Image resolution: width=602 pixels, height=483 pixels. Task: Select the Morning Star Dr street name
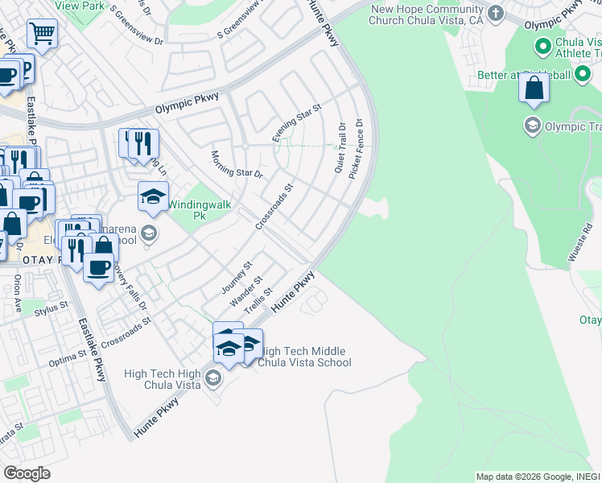[237, 163]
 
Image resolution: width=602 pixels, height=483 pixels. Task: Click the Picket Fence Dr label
[356, 150]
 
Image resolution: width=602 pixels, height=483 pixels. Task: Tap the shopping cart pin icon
[42, 34]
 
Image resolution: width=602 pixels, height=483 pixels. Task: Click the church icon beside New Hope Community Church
[496, 13]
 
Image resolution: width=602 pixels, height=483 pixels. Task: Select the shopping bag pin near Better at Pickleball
[534, 88]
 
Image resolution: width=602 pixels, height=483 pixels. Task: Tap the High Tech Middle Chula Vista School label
[307, 357]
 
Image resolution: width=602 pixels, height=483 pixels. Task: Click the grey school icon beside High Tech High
[213, 378]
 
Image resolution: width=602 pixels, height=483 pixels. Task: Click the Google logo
[27, 473]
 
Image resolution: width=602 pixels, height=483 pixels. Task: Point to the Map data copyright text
[538, 477]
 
